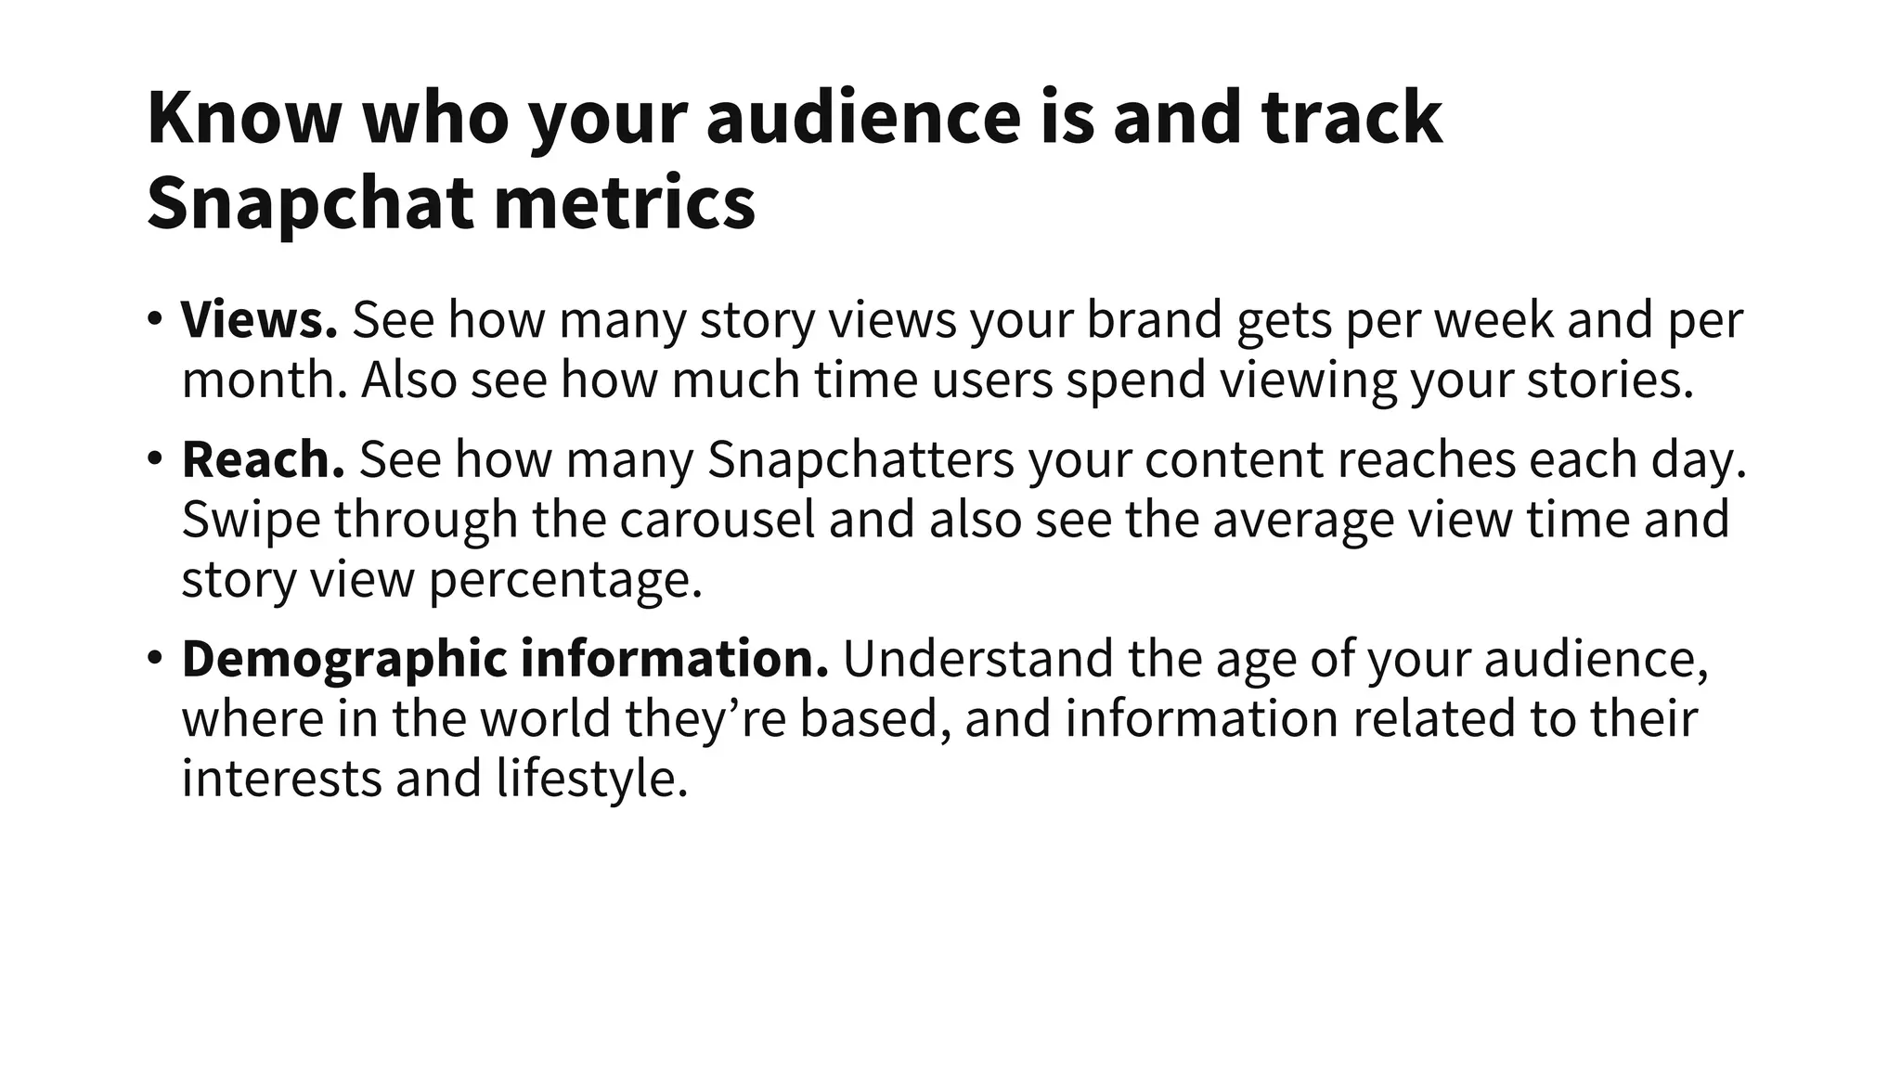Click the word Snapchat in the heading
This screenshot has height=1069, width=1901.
(312, 203)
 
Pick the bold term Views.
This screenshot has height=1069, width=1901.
(259, 319)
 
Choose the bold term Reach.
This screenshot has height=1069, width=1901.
(263, 459)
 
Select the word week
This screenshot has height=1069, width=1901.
(1494, 319)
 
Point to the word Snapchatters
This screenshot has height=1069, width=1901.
(860, 459)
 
